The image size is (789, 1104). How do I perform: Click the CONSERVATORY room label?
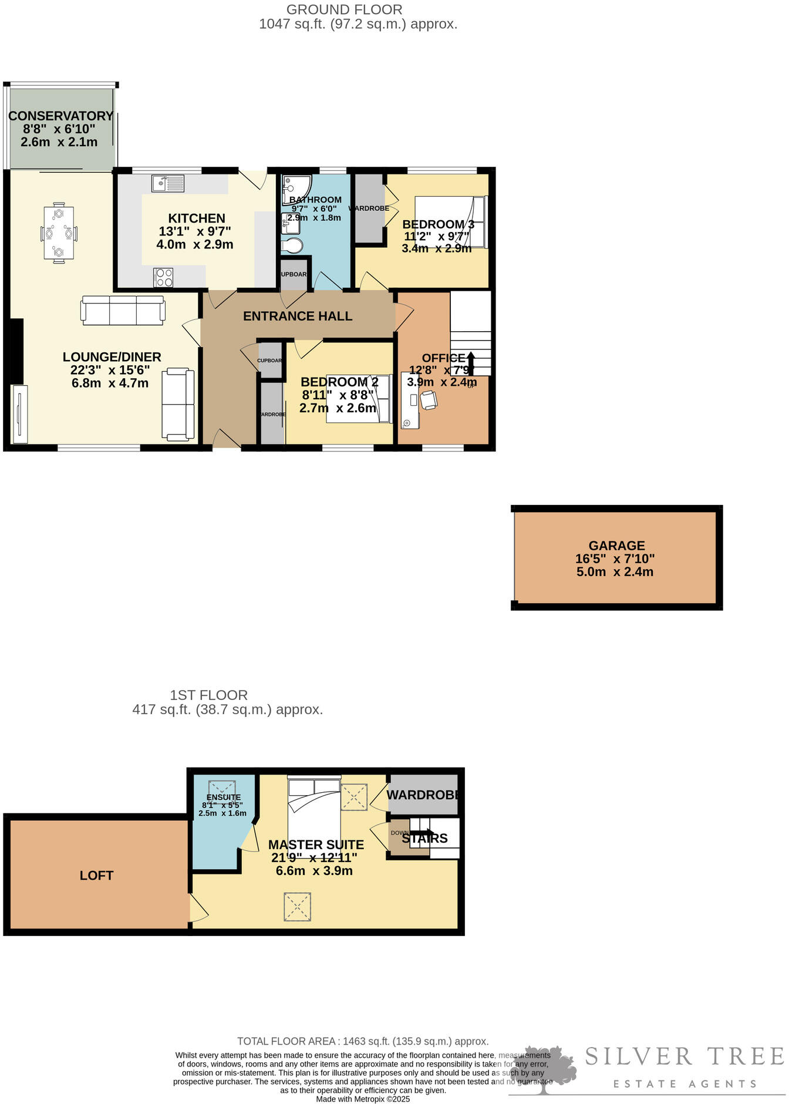click(60, 116)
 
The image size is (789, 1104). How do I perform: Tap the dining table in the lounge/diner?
click(59, 233)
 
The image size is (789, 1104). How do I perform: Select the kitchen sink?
click(168, 183)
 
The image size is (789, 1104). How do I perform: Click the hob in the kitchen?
click(163, 277)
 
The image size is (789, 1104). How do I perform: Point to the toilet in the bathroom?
click(292, 245)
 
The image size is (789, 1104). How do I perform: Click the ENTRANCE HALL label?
click(298, 317)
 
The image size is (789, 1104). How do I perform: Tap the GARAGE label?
click(616, 546)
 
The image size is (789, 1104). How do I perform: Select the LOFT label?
click(96, 876)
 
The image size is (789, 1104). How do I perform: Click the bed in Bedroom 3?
click(450, 222)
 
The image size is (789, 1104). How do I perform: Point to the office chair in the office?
click(428, 400)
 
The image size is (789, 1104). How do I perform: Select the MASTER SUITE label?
click(316, 845)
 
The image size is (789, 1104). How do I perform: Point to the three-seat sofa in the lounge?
click(123, 310)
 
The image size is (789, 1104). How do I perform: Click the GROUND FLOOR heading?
click(344, 10)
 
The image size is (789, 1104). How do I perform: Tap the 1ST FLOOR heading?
click(208, 695)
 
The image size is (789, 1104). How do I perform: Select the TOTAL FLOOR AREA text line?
click(363, 1041)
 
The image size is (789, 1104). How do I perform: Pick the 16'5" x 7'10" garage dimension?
click(615, 559)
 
